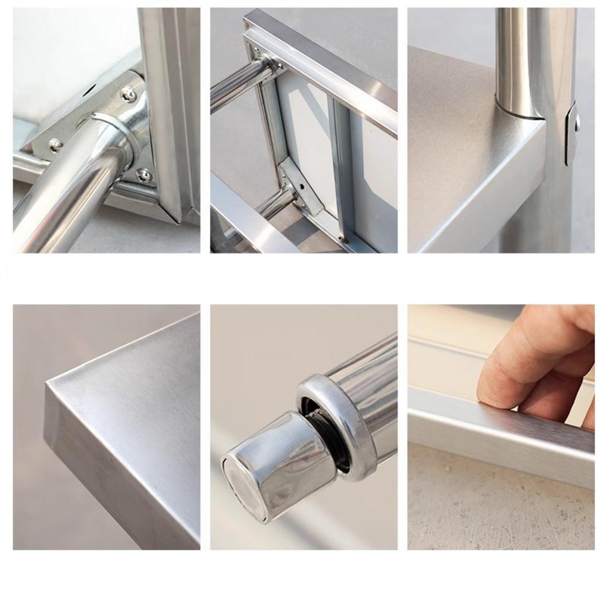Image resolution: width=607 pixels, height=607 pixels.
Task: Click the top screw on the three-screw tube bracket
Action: (x=128, y=93)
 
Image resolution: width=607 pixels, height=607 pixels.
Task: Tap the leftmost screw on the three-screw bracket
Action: (x=55, y=143)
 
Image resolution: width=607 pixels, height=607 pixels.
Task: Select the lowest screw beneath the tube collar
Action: (x=143, y=175)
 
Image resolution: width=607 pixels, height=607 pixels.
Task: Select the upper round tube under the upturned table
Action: (x=237, y=85)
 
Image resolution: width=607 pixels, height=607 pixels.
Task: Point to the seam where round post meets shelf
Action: (x=519, y=115)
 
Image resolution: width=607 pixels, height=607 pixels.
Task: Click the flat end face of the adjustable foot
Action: (x=243, y=489)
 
